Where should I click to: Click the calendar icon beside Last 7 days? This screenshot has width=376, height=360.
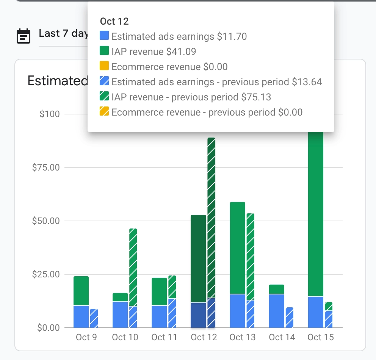point(23,36)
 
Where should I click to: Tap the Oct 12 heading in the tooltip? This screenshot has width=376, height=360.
point(114,22)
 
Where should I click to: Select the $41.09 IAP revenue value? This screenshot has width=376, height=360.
point(184,52)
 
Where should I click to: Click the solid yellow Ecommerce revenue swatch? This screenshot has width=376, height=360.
point(104,67)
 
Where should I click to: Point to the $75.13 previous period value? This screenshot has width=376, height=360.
point(256,97)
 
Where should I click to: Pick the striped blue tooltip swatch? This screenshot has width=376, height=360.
point(104,82)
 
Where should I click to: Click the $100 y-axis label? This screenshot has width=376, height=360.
point(50,114)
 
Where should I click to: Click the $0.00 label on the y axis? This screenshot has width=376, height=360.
point(49,327)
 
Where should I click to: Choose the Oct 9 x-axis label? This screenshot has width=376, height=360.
point(86,337)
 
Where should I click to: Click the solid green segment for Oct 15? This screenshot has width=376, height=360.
point(316,212)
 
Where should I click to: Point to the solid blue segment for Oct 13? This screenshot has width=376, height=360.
point(237,311)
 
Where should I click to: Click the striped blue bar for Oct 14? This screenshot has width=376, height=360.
point(289,318)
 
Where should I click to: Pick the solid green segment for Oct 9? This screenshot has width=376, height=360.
point(81,291)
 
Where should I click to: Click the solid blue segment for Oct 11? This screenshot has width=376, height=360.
point(159,316)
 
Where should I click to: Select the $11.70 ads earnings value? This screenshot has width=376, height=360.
point(232,37)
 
